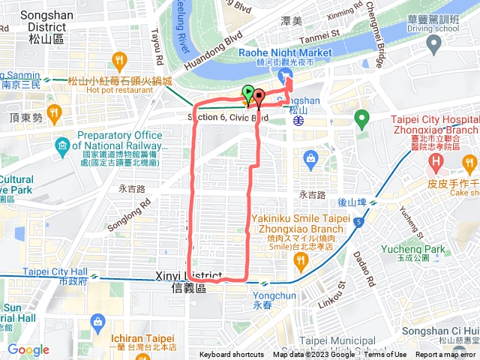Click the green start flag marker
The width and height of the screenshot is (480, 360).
[248, 94]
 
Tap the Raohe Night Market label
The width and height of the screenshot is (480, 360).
[285, 53]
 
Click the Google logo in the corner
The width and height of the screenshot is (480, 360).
[28, 349]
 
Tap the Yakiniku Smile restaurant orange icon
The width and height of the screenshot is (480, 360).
[301, 260]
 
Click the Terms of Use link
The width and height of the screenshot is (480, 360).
[385, 355]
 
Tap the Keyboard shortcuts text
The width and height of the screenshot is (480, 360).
[231, 355]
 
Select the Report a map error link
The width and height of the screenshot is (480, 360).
[447, 355]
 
